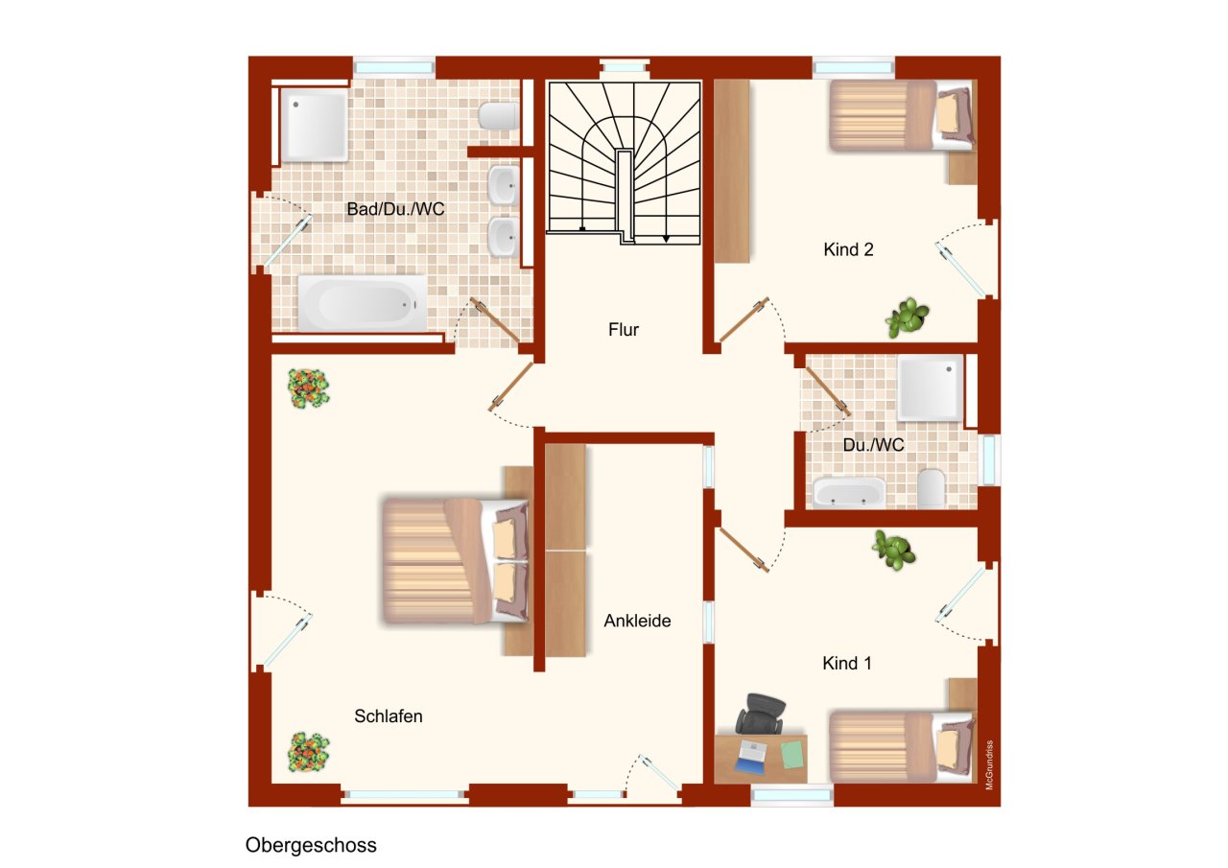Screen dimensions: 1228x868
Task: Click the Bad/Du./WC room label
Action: (395, 209)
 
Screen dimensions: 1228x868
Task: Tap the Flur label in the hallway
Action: (624, 329)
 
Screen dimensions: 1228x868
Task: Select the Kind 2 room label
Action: (848, 250)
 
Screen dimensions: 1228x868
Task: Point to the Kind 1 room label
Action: (847, 663)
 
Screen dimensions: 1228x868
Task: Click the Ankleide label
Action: (637, 621)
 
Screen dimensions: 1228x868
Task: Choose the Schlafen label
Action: (389, 716)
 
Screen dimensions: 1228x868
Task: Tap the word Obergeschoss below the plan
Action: (311, 845)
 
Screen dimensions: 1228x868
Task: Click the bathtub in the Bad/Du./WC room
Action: (363, 303)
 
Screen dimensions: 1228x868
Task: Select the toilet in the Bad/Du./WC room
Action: (498, 116)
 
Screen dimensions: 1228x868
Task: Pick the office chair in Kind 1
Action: (761, 713)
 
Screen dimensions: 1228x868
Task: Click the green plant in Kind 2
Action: (908, 317)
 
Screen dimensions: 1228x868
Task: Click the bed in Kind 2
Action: (902, 116)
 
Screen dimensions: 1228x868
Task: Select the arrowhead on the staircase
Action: (666, 239)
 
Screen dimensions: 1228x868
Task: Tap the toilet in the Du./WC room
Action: (931, 487)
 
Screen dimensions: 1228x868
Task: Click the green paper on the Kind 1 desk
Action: (791, 755)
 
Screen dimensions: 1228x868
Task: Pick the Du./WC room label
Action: (873, 445)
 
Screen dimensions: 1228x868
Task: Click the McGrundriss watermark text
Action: (989, 765)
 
